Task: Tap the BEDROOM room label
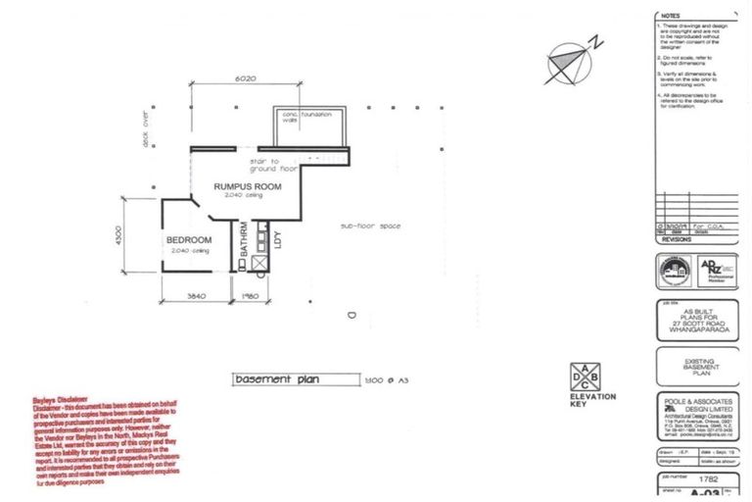pos(188,240)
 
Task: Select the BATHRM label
pos(243,240)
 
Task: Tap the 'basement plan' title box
pos(276,379)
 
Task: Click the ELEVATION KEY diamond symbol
pos(586,376)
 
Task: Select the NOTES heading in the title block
pos(671,16)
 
